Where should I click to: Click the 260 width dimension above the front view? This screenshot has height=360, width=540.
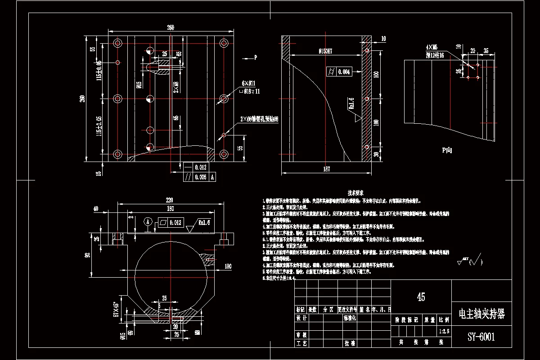(171, 28)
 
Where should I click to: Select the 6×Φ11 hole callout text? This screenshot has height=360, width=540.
(248, 83)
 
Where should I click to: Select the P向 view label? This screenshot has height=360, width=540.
(446, 150)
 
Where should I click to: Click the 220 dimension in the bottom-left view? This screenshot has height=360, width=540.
(169, 200)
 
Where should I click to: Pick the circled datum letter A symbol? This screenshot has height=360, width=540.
(148, 221)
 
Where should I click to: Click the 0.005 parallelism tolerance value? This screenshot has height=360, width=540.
(200, 177)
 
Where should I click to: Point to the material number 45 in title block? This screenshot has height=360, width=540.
(421, 297)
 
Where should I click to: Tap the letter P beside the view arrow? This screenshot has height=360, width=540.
(255, 58)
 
